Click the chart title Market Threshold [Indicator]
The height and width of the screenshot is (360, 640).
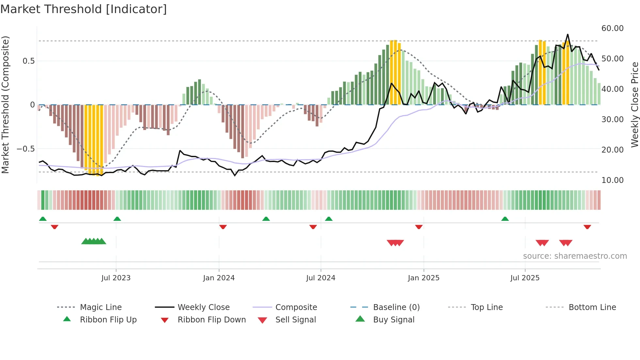pos(84,9)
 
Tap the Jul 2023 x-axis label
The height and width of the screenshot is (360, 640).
pos(116,278)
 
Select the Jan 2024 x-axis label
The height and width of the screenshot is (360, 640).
pos(219,278)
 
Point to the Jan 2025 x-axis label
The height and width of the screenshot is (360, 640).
pos(424,278)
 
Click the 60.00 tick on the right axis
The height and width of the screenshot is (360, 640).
pos(612,28)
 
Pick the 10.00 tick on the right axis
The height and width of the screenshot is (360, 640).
pos(612,180)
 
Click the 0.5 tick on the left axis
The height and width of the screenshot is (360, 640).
pos(28,61)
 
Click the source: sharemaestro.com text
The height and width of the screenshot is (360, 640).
pos(575,256)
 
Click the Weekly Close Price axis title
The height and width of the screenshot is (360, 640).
pos(634,105)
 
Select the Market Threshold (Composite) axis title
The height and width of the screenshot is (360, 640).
pos(5,105)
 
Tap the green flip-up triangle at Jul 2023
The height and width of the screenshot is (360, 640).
pos(117,219)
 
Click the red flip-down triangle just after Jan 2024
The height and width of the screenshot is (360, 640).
pos(223,227)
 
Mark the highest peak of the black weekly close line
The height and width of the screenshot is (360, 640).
pos(568,34)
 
